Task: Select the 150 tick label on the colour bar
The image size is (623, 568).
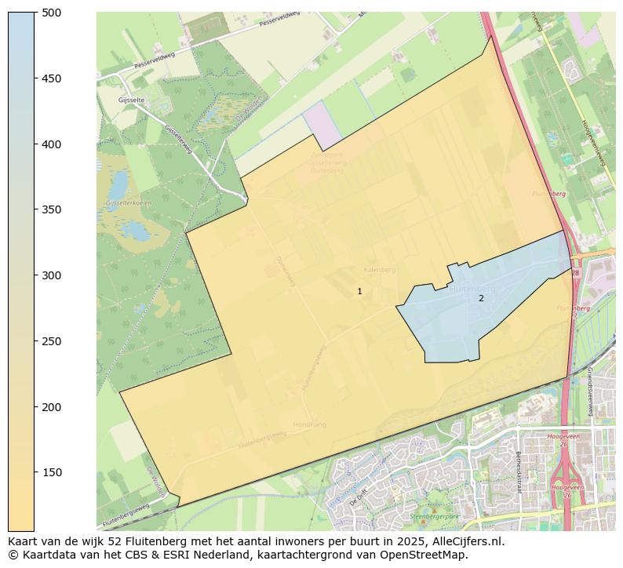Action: click(52, 472)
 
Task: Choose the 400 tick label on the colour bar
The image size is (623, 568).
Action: click(52, 144)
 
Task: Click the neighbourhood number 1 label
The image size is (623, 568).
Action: click(359, 291)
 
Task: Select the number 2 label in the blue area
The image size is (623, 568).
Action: click(481, 298)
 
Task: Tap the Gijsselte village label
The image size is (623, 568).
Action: click(132, 100)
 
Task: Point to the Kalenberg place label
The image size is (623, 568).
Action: click(380, 269)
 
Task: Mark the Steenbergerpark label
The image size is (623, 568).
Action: click(434, 517)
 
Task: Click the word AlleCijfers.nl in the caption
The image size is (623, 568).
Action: click(465, 541)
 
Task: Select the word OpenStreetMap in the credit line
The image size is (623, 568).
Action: click(425, 555)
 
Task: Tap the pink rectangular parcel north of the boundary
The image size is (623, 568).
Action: click(323, 124)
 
